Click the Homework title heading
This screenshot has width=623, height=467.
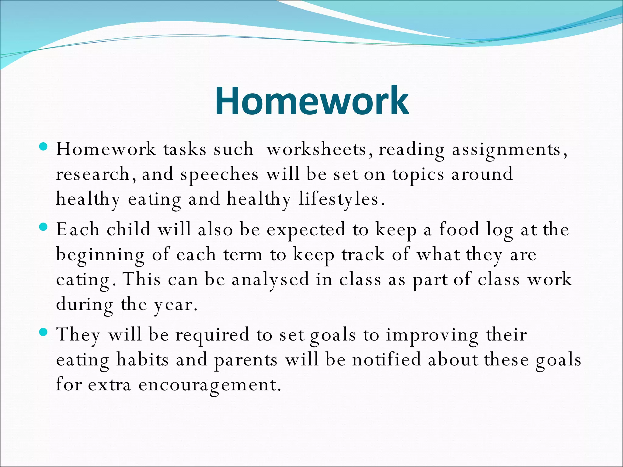tap(311, 101)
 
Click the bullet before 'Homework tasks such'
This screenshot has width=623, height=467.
tap(44, 147)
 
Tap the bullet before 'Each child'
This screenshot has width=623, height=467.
tap(44, 227)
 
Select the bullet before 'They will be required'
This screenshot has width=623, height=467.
tap(44, 332)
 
